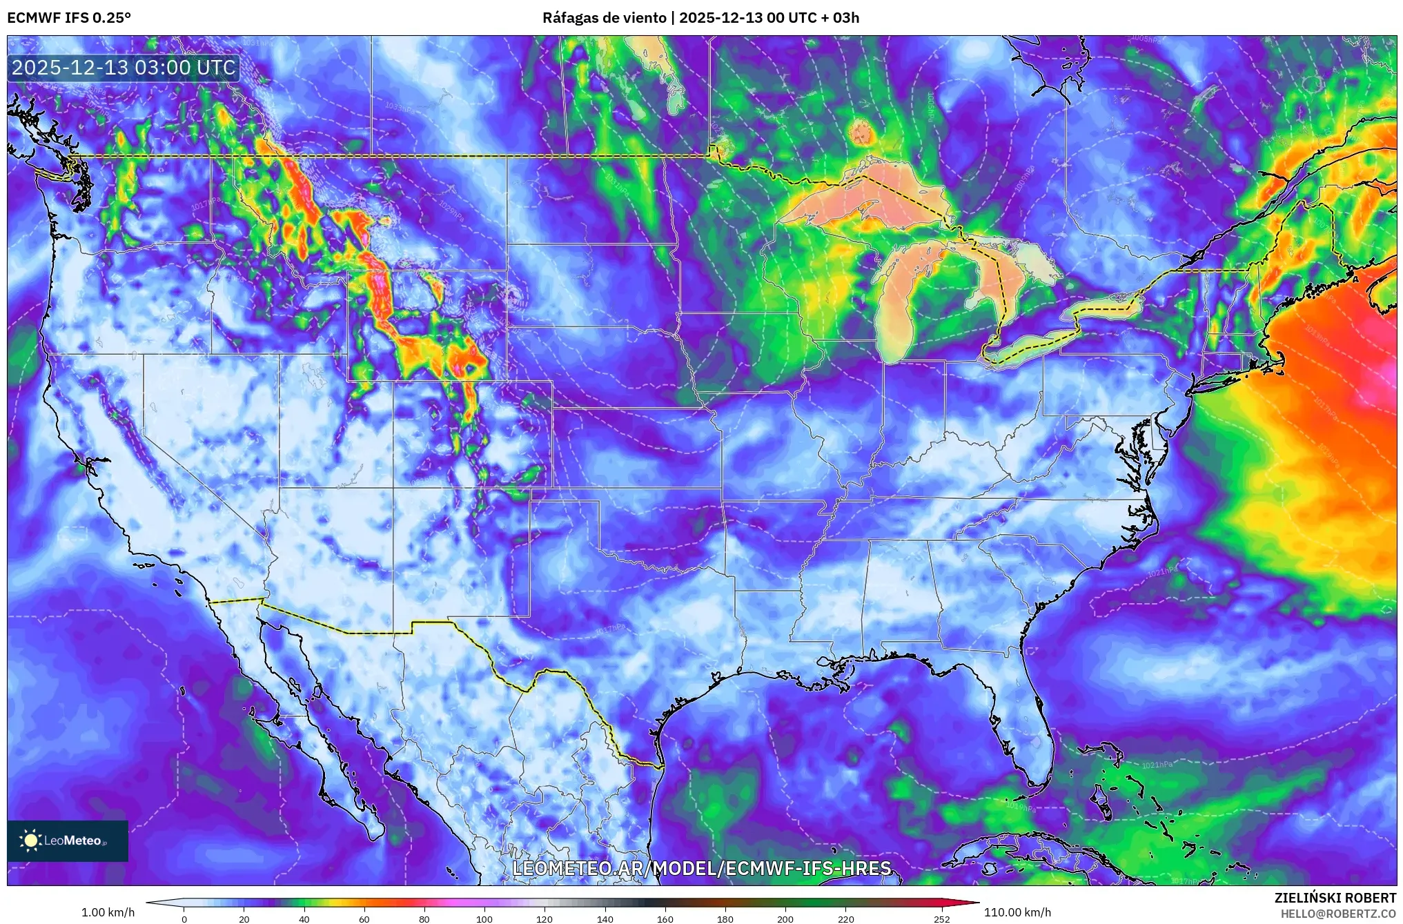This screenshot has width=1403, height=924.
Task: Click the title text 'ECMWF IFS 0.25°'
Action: point(69,18)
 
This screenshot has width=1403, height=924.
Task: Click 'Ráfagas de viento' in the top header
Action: point(605,18)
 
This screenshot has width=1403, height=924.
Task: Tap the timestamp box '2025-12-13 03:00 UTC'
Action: point(124,68)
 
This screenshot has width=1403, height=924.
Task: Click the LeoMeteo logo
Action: point(67,841)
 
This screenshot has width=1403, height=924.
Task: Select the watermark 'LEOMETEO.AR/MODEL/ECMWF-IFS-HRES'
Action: point(702,868)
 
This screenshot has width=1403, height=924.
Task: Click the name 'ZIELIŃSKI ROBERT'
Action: point(1335,898)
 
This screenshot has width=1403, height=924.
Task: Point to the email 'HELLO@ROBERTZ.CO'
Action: point(1338,914)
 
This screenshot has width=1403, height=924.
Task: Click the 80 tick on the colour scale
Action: point(424,918)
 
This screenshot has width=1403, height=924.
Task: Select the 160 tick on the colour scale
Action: point(665,918)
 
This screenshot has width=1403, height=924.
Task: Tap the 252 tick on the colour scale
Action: point(942,918)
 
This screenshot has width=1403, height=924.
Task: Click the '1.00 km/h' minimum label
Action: point(108,912)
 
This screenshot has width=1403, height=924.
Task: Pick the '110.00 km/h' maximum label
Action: point(1017,912)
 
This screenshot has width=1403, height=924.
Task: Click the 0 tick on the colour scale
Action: point(184,918)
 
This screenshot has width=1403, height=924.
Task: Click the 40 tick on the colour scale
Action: point(304,918)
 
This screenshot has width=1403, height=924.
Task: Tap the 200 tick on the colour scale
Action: point(785,918)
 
